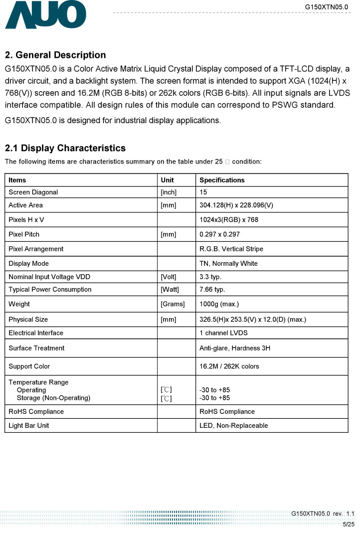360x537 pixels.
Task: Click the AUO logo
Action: [45, 15]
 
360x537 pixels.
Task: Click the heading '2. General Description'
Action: [55, 55]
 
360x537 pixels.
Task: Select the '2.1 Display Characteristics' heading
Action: [65, 148]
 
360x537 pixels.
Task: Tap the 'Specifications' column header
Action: [222, 180]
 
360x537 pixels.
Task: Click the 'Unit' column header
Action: [167, 180]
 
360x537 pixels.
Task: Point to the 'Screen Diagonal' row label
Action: [33, 192]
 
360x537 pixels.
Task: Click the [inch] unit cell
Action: [169, 192]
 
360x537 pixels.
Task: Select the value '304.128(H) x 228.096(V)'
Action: [236, 205]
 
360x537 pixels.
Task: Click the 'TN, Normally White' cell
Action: [228, 263]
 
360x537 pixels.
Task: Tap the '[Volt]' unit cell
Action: [169, 277]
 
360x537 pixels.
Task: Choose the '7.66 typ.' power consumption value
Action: [212, 289]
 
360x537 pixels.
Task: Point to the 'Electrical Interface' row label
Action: [36, 333]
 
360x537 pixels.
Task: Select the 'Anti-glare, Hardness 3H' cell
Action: [234, 348]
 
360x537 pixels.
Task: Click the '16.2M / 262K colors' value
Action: [229, 366]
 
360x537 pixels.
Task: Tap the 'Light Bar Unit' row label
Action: [29, 425]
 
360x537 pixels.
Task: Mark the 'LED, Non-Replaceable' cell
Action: [233, 425]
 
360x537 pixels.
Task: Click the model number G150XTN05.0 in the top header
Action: [327, 6]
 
